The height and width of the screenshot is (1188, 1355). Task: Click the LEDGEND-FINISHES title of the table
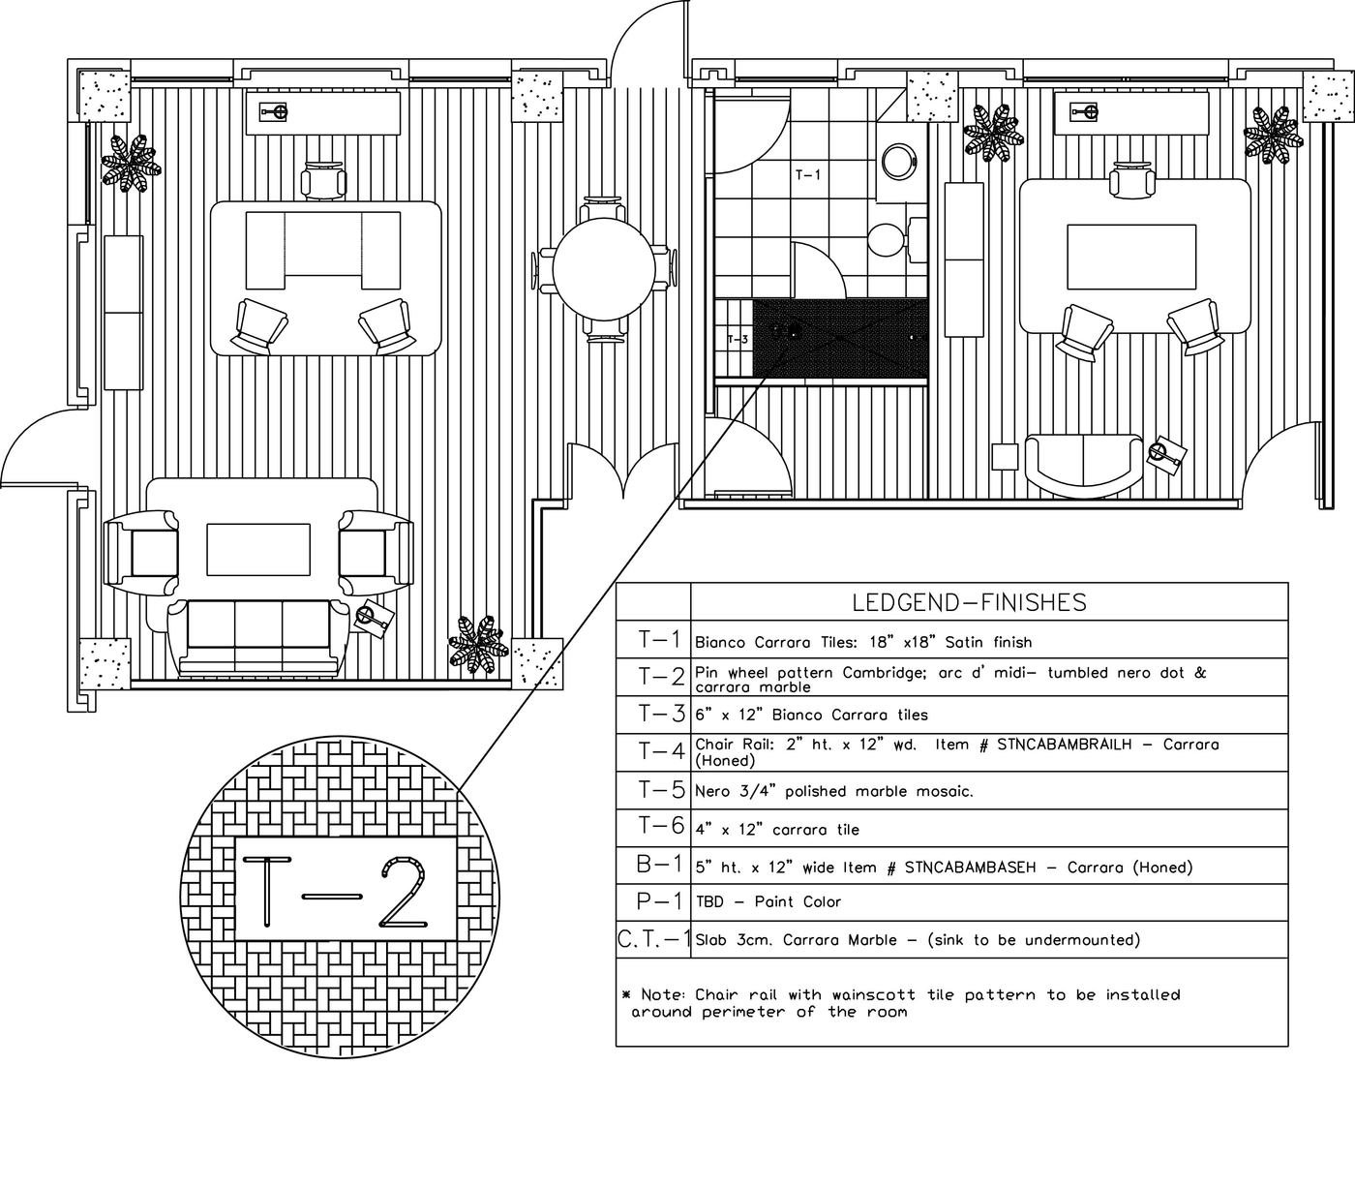969,602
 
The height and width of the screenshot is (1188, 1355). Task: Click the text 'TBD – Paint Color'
768,901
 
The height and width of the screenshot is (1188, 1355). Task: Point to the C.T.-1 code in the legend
654,939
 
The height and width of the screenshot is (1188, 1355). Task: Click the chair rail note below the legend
900,1003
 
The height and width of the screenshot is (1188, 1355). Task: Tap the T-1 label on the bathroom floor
807,175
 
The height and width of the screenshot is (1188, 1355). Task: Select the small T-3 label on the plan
738,339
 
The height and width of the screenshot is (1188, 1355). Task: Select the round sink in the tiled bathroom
899,160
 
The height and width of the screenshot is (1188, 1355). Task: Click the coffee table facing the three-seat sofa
258,552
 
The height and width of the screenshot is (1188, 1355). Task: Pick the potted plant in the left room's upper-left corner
130,163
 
